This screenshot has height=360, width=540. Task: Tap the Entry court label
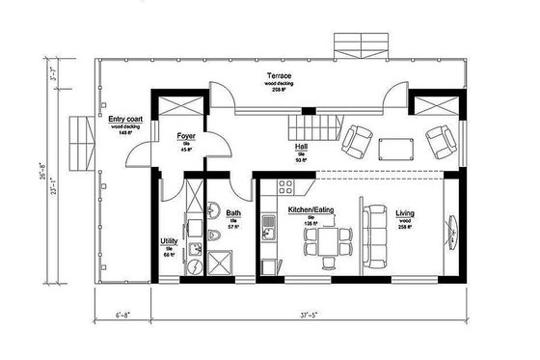click(x=125, y=118)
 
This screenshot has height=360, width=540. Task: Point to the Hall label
click(x=302, y=148)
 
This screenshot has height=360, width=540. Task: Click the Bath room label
click(x=233, y=213)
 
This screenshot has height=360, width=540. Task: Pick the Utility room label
click(x=169, y=241)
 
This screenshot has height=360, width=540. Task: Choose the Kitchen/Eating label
click(x=310, y=209)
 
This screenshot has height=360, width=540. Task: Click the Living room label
click(x=405, y=213)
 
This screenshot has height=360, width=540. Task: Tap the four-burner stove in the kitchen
click(x=283, y=184)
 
